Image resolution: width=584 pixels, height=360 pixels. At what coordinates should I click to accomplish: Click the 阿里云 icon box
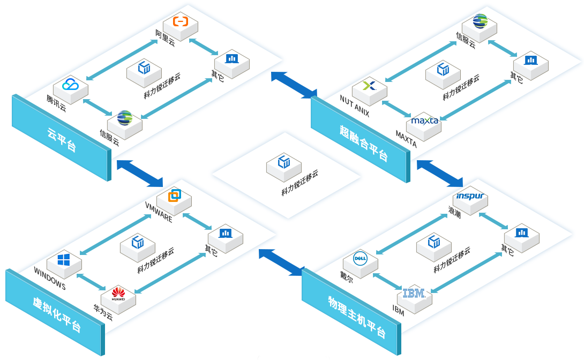181,24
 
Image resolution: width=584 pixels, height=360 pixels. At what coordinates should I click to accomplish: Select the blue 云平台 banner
61,138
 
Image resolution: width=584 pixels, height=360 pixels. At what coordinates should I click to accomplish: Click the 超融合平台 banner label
362,142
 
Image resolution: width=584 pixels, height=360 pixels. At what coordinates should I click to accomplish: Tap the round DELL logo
360,260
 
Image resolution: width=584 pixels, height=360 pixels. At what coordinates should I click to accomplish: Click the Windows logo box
64,261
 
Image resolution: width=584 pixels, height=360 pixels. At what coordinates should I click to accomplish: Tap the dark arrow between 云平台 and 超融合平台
294,85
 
